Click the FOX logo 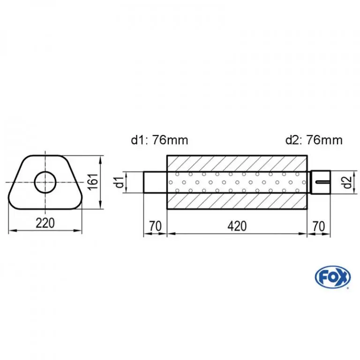pos(333,278)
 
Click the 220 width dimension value pos(45,223)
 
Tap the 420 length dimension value pos(237,226)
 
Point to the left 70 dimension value pos(156,226)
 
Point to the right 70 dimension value pos(319,226)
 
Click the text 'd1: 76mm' pos(159,140)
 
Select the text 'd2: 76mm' pos(314,140)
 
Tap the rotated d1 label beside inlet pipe pos(120,181)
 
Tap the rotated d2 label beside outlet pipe pos(348,182)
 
